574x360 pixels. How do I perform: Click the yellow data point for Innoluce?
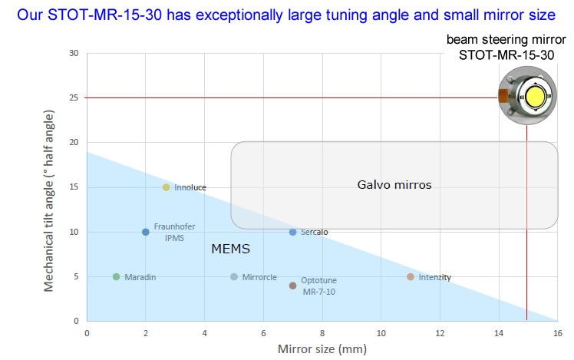click(x=166, y=187)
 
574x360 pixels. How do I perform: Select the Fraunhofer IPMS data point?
click(x=145, y=232)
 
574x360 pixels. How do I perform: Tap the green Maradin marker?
click(x=116, y=276)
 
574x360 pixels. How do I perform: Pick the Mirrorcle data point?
click(x=234, y=276)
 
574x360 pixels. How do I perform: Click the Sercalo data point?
click(x=292, y=232)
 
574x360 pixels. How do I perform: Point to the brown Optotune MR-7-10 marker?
click(x=292, y=286)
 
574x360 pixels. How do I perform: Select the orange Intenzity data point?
click(x=411, y=276)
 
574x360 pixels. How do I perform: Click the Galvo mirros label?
click(x=394, y=185)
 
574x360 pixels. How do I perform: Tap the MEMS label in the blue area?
click(x=230, y=249)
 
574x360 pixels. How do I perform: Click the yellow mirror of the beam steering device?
click(x=534, y=97)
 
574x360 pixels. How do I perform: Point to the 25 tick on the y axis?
click(x=74, y=98)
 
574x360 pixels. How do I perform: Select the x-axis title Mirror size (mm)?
click(x=322, y=349)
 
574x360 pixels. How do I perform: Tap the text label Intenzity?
click(x=434, y=276)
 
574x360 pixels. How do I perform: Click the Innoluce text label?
click(x=190, y=187)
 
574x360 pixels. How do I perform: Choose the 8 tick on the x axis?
click(x=322, y=333)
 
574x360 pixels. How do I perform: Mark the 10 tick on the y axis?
click(x=74, y=232)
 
